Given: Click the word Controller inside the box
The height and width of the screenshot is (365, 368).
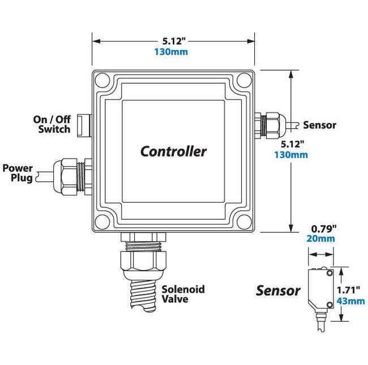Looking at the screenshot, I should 173,151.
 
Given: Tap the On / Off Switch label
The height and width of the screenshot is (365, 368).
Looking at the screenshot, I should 54,124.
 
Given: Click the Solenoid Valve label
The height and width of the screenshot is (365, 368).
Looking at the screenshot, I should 183,294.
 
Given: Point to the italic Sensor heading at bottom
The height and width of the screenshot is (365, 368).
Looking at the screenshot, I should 278,291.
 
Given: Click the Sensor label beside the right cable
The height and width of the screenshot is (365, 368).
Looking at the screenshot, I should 320,125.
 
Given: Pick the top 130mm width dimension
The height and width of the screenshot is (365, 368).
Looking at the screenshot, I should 171,52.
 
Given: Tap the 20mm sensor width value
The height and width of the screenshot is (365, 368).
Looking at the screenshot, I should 321,239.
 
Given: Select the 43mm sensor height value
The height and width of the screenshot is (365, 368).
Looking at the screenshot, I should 351,301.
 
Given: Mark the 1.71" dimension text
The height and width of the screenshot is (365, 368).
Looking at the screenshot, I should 349,290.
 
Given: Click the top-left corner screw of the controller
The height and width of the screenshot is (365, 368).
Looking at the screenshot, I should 103,80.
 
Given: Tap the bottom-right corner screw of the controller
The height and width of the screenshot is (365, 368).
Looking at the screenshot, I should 243,221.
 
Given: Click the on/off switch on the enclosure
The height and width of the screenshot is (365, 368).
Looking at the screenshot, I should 84,124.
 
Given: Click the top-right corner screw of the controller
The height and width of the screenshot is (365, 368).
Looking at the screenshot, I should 243,80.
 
